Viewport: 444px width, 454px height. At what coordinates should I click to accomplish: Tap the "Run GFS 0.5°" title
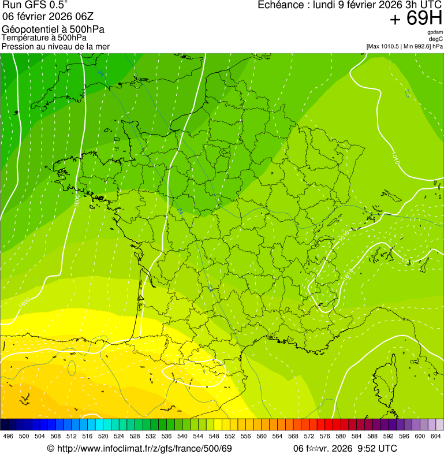[x=35, y=5]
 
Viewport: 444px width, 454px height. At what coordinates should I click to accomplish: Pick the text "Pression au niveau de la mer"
[x=55, y=46]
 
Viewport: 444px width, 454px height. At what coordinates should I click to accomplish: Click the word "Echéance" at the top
[x=280, y=5]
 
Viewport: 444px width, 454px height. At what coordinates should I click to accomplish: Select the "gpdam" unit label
[x=435, y=32]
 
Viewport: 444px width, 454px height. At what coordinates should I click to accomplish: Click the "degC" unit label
[x=436, y=39]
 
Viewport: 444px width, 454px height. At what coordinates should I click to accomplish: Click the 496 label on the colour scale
[x=8, y=436]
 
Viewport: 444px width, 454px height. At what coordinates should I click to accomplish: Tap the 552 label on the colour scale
[x=230, y=436]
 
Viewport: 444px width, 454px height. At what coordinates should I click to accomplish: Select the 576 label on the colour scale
[x=324, y=436]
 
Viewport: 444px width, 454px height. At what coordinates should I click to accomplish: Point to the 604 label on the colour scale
[x=436, y=436]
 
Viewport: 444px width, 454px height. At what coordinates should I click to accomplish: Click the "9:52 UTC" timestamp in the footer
[x=378, y=448]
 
